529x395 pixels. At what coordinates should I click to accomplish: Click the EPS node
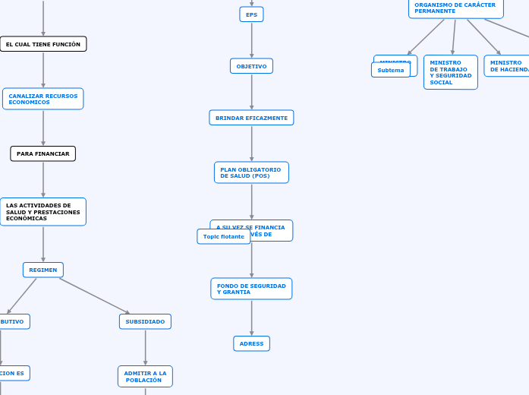coord(251,14)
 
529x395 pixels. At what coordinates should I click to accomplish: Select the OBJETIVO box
coord(251,66)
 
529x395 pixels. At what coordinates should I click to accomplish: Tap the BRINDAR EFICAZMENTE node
coord(251,118)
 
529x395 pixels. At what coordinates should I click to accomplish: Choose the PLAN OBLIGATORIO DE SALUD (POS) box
coord(251,172)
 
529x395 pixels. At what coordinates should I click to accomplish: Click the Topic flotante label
coord(224,236)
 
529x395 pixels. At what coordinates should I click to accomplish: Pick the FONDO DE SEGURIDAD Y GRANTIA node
coord(251,289)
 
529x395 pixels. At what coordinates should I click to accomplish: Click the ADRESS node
coord(251,343)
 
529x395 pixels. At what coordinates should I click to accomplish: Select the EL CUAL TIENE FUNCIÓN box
coord(43,44)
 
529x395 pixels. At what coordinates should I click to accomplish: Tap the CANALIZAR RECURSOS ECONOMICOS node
coord(43,99)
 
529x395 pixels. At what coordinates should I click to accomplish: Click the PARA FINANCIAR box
coord(43,153)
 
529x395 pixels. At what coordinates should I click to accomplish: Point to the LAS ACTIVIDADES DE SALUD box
coord(43,212)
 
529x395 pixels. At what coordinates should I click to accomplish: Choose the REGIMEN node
coord(43,270)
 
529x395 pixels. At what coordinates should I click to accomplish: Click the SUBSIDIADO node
coord(145,321)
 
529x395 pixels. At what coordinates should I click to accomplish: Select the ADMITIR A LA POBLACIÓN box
coord(145,376)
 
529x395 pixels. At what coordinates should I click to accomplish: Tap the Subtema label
coord(391,70)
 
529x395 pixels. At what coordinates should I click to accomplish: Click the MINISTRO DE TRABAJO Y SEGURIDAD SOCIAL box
coord(451,72)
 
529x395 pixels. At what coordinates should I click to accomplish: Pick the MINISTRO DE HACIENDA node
coord(508,66)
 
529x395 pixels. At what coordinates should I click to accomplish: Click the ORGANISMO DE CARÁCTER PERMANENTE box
coord(455,8)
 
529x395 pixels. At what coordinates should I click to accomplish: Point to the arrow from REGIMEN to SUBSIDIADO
coord(94,295)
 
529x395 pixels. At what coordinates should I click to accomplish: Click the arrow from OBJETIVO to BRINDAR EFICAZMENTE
coord(251,92)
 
